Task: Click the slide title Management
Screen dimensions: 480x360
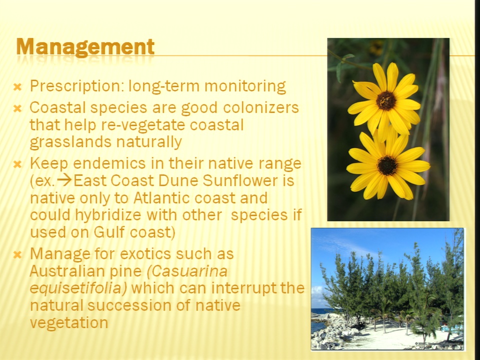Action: tap(85, 47)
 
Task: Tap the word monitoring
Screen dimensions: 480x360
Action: tap(245, 86)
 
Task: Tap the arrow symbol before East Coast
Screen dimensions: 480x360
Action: tap(64, 180)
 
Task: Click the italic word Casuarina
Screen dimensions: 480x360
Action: tap(187, 271)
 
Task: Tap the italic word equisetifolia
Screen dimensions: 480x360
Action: tap(78, 288)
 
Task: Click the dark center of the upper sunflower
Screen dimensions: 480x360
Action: tap(386, 100)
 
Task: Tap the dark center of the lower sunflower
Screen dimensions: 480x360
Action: tap(387, 165)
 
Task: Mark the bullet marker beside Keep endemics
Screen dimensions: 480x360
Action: tap(18, 164)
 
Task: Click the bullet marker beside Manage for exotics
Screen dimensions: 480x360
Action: tap(18, 254)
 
